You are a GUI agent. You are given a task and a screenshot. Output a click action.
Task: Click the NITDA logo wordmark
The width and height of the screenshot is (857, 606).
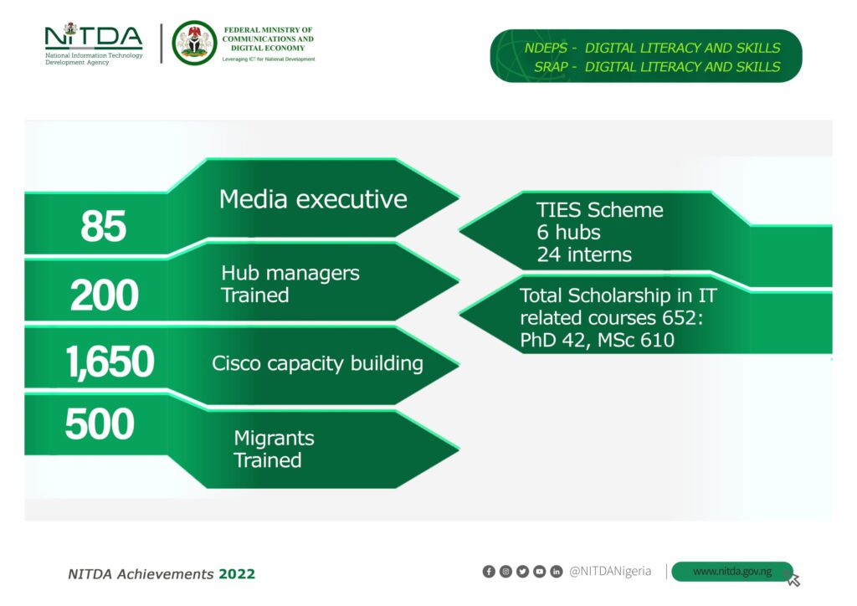click(x=94, y=36)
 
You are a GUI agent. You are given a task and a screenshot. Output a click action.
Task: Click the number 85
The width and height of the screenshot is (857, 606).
click(x=103, y=226)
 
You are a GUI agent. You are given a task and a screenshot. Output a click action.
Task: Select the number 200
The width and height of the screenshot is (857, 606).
click(x=105, y=295)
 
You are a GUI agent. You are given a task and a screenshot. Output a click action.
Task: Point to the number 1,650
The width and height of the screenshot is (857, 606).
click(x=110, y=362)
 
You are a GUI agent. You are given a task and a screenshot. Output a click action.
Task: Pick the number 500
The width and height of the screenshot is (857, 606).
click(x=100, y=424)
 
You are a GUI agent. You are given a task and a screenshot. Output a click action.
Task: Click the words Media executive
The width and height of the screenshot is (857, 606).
click(x=313, y=199)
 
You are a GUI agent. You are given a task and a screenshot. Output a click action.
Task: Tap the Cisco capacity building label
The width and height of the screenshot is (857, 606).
click(x=317, y=364)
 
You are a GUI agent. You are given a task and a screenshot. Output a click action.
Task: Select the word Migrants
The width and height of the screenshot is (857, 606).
click(x=274, y=439)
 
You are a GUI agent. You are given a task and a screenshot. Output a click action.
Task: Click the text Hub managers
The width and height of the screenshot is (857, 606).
click(x=290, y=273)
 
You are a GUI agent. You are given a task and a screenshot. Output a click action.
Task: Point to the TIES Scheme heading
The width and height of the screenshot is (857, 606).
click(x=599, y=210)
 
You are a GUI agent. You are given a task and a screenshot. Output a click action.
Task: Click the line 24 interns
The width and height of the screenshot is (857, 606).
click(x=584, y=254)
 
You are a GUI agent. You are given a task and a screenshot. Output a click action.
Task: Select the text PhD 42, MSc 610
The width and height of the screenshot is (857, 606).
click(x=597, y=341)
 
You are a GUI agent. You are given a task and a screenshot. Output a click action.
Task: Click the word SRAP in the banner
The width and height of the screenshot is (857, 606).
click(x=551, y=67)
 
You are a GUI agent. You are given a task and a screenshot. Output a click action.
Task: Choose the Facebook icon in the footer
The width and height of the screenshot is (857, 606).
click(x=489, y=572)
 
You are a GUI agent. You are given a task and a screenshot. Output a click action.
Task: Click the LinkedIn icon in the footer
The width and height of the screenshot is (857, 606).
click(x=557, y=572)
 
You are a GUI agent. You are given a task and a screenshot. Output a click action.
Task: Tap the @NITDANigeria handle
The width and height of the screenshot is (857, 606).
click(x=610, y=572)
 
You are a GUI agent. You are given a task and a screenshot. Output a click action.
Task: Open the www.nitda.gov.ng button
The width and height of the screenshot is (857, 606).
click(x=731, y=572)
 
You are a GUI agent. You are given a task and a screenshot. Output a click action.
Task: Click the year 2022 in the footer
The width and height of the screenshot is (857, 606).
click(x=237, y=574)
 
